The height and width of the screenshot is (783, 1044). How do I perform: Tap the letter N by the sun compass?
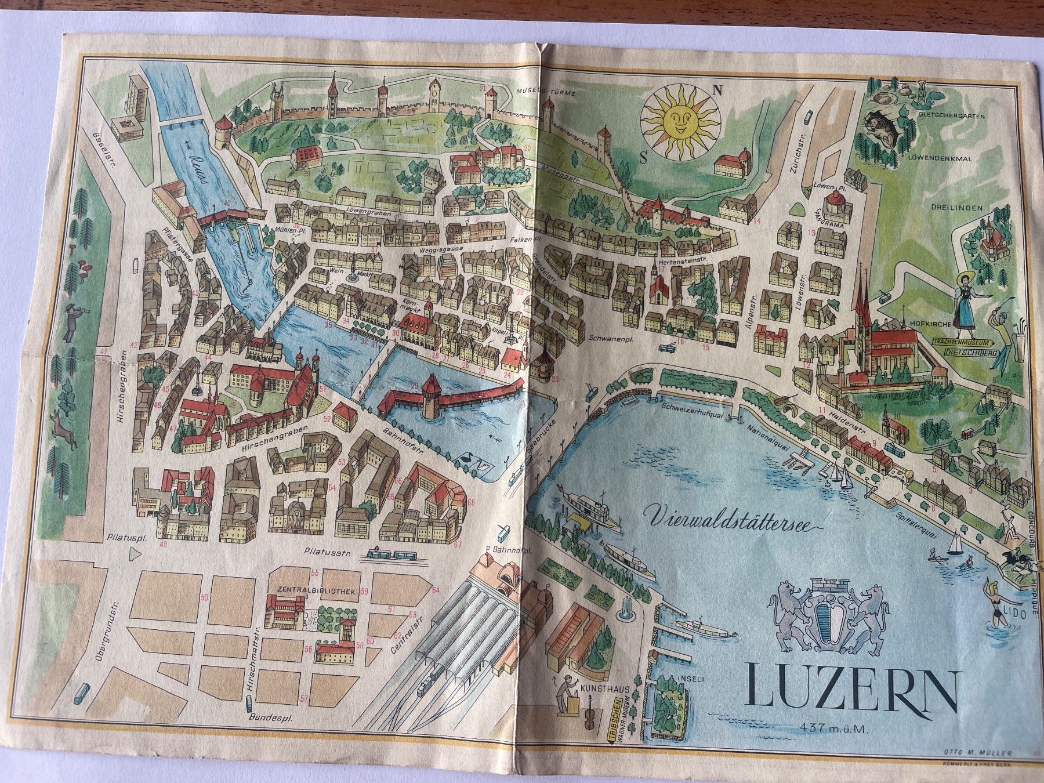717,90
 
